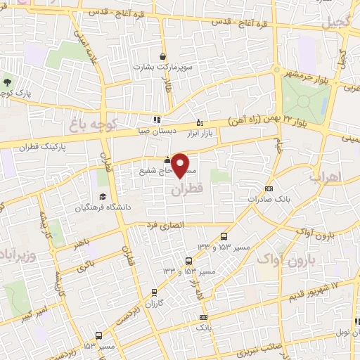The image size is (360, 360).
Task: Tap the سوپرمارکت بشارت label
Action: [162, 68]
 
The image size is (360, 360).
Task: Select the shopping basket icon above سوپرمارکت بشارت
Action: [163, 57]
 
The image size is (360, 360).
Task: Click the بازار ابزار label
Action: [199, 131]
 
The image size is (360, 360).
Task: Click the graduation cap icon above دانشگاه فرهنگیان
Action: [103, 176]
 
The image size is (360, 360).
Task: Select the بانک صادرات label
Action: [269, 200]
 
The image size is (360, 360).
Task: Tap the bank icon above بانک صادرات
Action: [269, 188]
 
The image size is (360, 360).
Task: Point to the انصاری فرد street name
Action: [162, 225]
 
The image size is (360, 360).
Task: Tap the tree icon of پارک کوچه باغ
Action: [7, 82]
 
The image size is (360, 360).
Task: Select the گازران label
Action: [154, 303]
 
